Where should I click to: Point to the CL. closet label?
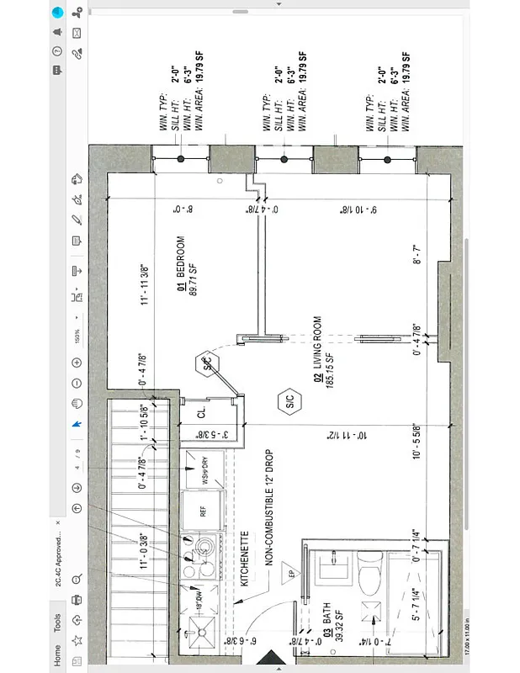(201, 414)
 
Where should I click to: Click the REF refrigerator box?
(203, 510)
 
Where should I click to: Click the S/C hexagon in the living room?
(289, 404)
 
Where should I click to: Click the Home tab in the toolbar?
(57, 654)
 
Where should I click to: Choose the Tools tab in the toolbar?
(57, 623)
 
